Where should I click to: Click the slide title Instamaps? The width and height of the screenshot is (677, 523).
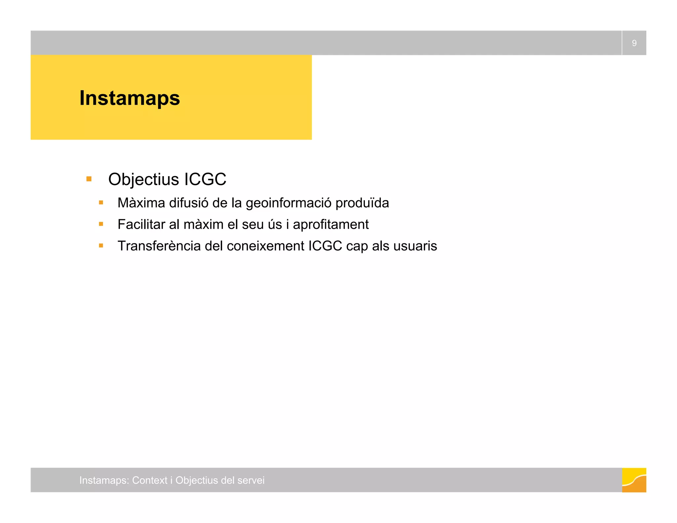click(x=130, y=98)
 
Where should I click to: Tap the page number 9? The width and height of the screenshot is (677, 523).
click(x=634, y=43)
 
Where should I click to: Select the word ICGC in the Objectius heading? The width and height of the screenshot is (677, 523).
click(x=205, y=179)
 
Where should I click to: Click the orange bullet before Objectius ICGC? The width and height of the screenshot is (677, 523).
click(x=89, y=179)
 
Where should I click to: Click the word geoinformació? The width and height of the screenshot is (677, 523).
click(x=288, y=203)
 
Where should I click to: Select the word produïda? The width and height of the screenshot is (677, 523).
click(x=362, y=203)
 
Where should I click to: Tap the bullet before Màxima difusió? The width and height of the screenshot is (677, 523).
click(x=101, y=203)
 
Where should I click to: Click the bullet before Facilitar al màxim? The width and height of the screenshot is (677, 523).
click(x=101, y=224)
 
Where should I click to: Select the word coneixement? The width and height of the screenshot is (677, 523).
click(x=265, y=246)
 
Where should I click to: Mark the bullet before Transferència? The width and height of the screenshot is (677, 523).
click(x=101, y=246)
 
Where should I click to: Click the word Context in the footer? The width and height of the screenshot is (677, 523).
click(x=150, y=480)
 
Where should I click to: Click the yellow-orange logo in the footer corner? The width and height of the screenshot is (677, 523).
click(x=634, y=480)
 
